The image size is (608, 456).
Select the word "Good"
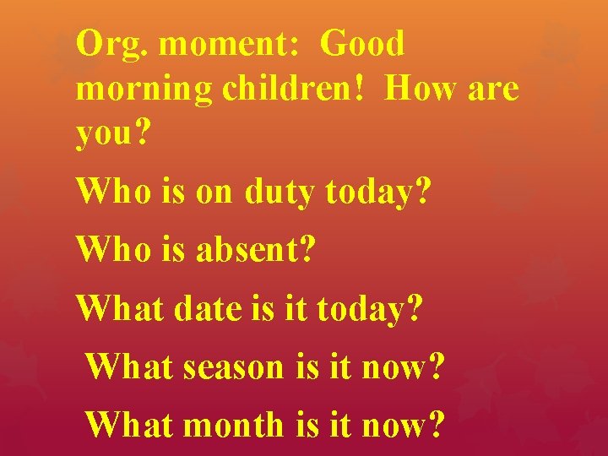pos(363,44)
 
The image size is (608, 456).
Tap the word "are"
pos(491,90)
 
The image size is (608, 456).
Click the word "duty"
pos(280,193)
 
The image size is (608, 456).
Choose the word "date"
pos(208,308)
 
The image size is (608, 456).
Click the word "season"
pos(234,368)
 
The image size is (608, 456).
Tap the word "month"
pos(234,424)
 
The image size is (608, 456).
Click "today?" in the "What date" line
pos(370,309)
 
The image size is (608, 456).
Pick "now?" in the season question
pos(401,368)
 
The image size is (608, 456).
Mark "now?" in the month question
pos(401,424)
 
